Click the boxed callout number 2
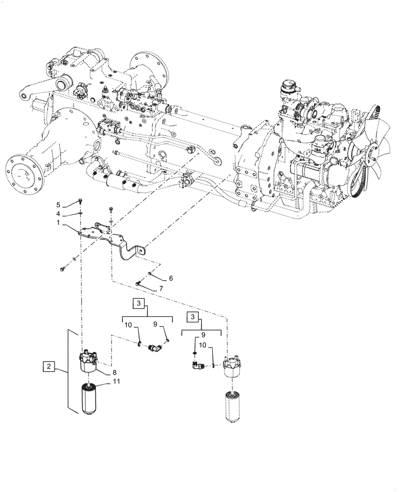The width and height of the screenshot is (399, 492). pos(48,367)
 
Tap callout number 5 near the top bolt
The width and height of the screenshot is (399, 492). pos(57,205)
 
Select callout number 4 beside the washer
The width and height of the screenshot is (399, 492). pos(57,214)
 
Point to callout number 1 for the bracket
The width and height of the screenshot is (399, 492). pos(57,223)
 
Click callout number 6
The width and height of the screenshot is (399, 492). pos(157,278)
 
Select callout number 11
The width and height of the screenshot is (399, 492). pos(115,381)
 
